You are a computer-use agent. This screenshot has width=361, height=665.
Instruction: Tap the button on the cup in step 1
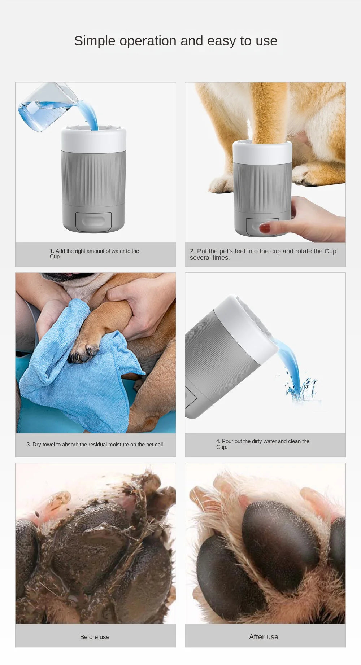coord(93,221)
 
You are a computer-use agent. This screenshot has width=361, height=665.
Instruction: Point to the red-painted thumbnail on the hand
coord(265,228)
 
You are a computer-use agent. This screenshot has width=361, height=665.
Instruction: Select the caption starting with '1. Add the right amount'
coord(94,254)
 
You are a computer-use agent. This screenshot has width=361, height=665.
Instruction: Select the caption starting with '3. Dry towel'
coord(95,445)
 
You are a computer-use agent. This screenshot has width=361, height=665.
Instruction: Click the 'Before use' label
coord(95,637)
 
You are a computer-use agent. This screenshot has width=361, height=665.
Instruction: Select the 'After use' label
coord(264,637)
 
